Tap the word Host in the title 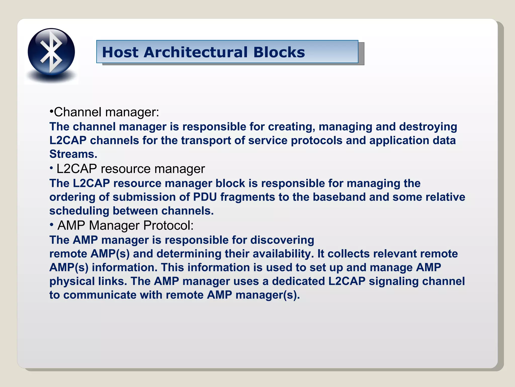(x=120, y=52)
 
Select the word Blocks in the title (x=279, y=52)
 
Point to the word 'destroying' (x=428, y=127)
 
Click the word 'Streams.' (x=73, y=154)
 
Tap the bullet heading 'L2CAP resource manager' (x=131, y=169)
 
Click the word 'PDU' (x=205, y=197)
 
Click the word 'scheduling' (x=79, y=211)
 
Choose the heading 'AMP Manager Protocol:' (x=125, y=225)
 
